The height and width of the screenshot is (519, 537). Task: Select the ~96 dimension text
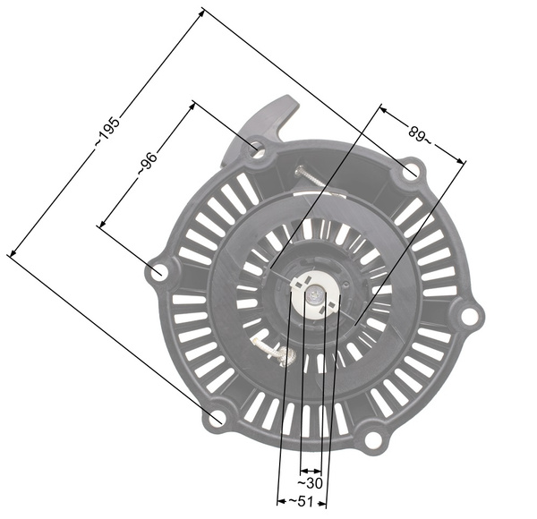tap(148, 164)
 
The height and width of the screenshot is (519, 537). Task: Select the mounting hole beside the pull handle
tap(258, 149)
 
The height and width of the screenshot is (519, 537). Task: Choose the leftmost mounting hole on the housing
tap(158, 272)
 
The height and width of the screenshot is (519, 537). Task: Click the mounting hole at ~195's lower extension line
tap(217, 418)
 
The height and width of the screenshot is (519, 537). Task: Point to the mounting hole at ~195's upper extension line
tap(410, 170)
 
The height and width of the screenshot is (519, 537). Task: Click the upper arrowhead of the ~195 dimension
tap(202, 10)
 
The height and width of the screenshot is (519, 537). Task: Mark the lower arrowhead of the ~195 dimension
tap(9, 256)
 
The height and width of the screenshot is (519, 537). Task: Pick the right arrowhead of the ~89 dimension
tap(465, 162)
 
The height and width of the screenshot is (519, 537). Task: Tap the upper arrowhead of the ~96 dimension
tap(193, 103)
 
